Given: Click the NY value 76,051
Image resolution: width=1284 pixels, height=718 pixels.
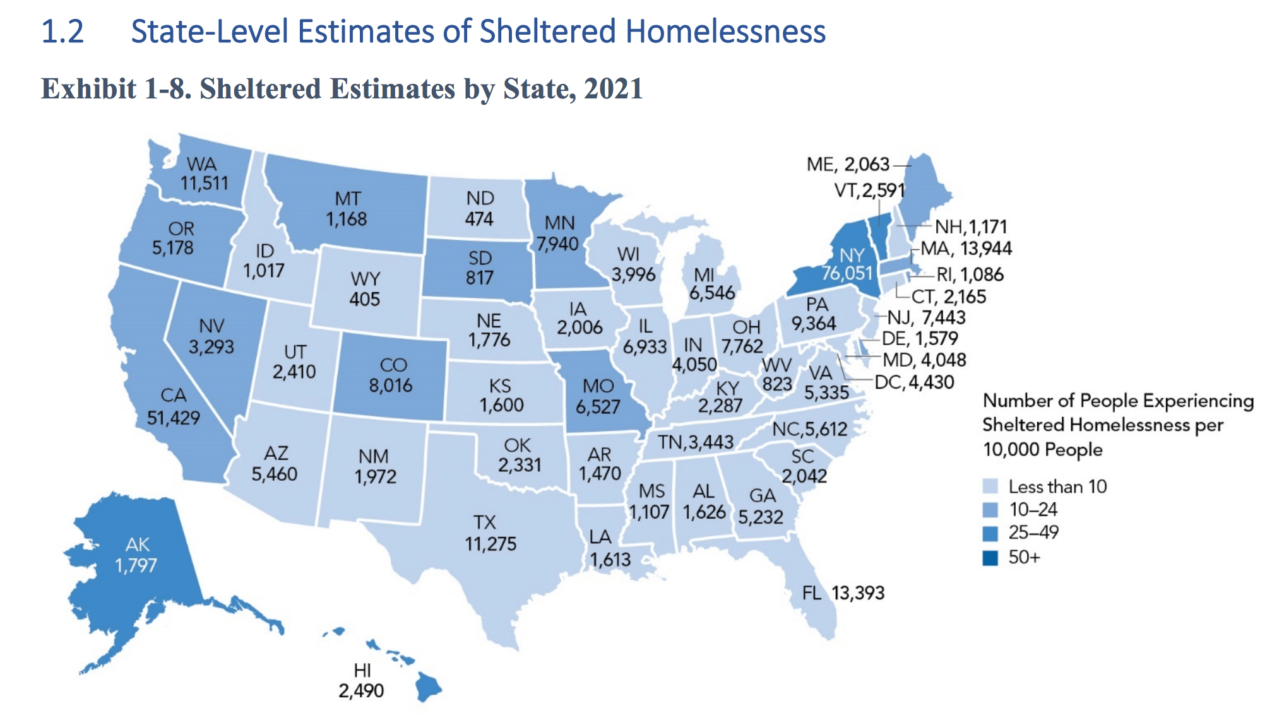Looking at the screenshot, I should tap(847, 273).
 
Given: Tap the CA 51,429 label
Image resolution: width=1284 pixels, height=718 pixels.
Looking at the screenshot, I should tap(174, 407).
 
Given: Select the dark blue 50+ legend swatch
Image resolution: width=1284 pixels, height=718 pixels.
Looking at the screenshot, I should tap(990, 558).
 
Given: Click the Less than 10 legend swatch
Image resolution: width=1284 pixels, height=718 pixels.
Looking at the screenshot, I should tap(990, 486).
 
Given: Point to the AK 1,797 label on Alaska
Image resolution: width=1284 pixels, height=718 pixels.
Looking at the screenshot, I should tap(136, 555).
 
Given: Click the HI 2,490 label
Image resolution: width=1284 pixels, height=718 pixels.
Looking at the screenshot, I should tap(361, 681).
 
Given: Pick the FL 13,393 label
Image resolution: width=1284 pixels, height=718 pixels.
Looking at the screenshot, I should tap(843, 593).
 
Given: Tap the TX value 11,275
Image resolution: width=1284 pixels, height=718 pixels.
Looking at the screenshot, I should tap(490, 544).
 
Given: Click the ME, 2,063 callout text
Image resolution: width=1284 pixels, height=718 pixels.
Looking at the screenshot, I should tap(847, 165).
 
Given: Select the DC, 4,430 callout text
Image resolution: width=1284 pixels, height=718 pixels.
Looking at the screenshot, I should tap(914, 382).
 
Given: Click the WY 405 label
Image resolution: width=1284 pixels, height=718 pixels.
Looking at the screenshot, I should tap(365, 288).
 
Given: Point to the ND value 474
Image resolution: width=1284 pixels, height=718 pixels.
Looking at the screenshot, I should tap(479, 219).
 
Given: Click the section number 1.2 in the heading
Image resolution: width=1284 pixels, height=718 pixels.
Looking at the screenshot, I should tap(62, 32).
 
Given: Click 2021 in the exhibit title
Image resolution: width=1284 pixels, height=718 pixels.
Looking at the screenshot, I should tap(613, 88).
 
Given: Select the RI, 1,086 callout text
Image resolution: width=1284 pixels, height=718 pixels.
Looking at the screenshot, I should tap(970, 274).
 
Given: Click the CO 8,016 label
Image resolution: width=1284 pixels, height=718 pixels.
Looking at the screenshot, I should tap(391, 375).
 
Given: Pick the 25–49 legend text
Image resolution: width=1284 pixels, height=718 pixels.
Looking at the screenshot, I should tap(1033, 533).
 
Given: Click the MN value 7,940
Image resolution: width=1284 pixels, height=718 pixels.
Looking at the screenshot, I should tap(557, 244).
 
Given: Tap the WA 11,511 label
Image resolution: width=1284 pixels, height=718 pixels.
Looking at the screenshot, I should tap(203, 174).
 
